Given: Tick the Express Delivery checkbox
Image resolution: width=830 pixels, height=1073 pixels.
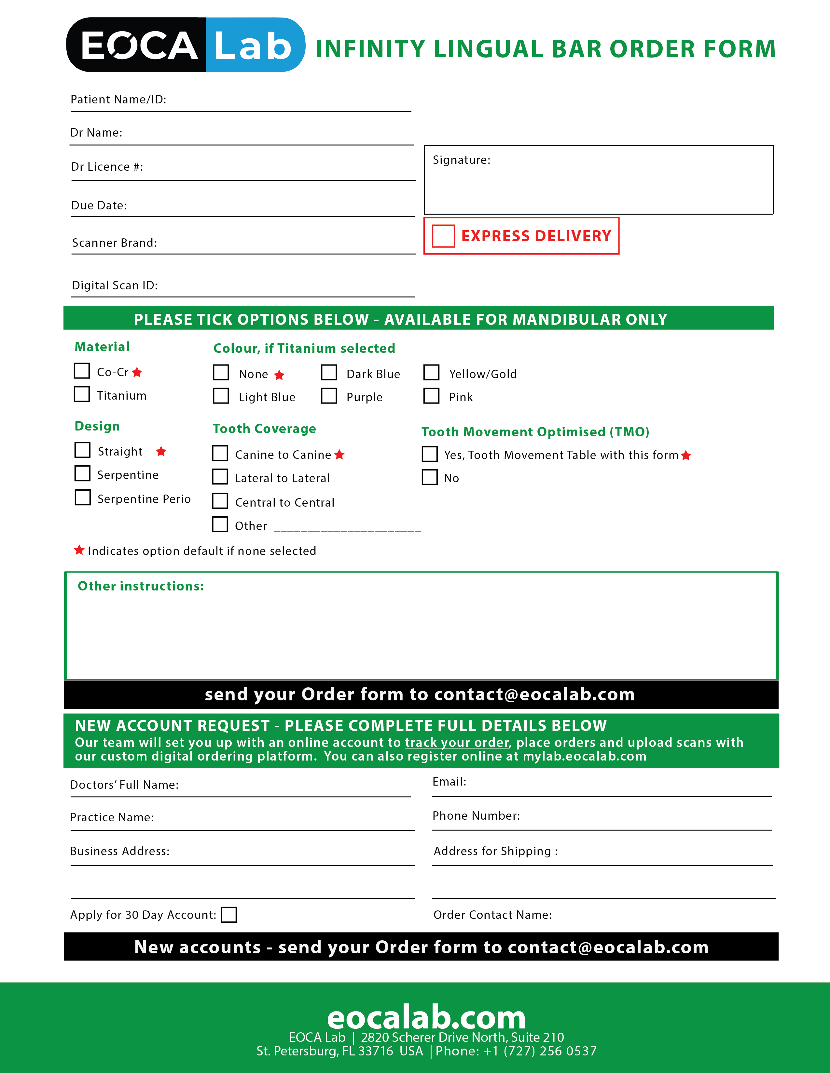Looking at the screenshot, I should point(443,236).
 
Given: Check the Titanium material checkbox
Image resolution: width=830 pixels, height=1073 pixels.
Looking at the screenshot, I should point(82,394).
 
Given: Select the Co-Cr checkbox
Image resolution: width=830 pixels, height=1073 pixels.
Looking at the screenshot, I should point(82,370).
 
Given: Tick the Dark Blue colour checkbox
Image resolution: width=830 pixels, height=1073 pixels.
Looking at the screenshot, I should point(329,372).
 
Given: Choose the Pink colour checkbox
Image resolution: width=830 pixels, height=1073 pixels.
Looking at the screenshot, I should point(431,395).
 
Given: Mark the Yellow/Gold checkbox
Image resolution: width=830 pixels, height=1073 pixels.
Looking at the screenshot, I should point(431,372).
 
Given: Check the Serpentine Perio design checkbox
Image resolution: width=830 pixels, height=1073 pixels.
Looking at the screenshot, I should point(83,497).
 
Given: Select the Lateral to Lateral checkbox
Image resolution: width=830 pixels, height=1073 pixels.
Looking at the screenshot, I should point(220,477).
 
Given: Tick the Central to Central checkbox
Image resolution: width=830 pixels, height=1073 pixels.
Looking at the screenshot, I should point(220,501).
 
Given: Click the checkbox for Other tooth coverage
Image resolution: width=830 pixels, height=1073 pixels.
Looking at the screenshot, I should point(220,524).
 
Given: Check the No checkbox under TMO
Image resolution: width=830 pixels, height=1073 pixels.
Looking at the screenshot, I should point(430,477).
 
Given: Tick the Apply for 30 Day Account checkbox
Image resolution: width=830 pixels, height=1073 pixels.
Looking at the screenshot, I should point(228,915).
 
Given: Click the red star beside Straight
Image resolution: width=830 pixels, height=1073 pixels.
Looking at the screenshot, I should point(161,451).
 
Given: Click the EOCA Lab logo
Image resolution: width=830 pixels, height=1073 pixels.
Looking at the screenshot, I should point(186,45).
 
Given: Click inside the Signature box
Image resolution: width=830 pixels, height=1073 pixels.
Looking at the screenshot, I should point(598,184).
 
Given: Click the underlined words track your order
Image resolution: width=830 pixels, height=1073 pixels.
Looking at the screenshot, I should point(456,742).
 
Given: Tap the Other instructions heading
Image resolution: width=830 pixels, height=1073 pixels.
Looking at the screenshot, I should point(141,586).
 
